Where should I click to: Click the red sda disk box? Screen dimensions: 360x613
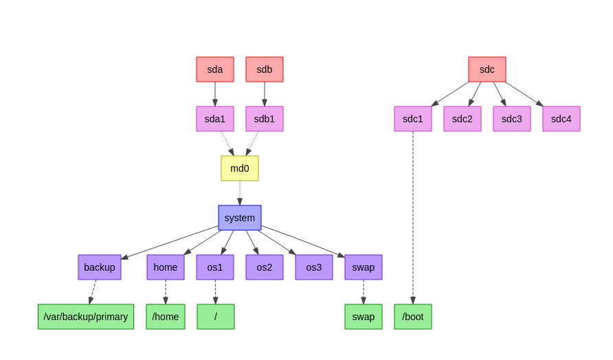(215, 69)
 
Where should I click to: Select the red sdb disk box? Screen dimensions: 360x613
(265, 69)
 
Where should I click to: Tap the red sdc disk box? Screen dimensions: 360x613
(487, 69)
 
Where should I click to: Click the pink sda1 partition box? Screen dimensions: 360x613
(215, 119)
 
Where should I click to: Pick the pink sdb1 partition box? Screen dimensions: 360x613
(265, 119)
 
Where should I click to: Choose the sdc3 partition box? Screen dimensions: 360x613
(512, 119)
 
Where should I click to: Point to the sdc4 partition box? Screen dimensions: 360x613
(561, 119)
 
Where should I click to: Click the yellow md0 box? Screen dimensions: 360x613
(240, 168)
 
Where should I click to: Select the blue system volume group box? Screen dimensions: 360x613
(240, 218)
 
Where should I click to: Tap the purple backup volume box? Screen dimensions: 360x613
(100, 267)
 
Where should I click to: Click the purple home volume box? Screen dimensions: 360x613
(166, 267)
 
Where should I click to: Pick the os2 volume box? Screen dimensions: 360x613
(265, 267)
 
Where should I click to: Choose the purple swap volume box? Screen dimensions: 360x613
(364, 267)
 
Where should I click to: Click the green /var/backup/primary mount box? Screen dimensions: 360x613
(86, 317)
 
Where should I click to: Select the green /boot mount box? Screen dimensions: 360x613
(413, 317)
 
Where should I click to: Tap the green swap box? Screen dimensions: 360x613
(364, 317)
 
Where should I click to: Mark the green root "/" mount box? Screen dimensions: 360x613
(216, 317)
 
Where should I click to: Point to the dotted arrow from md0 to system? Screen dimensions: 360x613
(240, 192)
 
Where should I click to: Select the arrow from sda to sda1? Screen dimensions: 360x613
(215, 94)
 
